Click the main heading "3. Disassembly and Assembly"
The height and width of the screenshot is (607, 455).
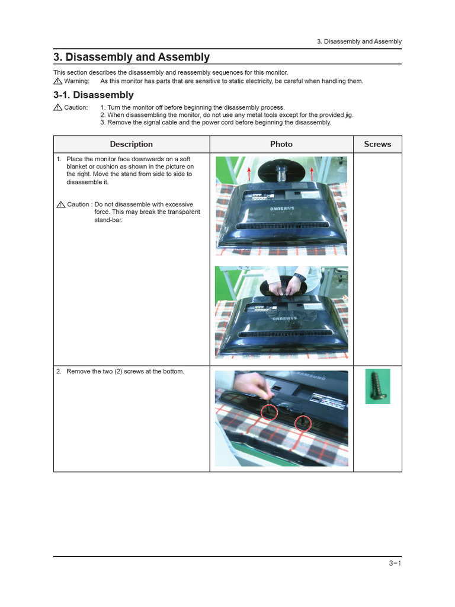(x=131, y=57)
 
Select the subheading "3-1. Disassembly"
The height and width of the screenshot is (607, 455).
(x=93, y=95)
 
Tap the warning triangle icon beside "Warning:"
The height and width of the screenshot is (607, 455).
(x=57, y=81)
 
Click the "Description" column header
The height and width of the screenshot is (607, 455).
(x=132, y=144)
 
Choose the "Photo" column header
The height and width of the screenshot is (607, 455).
(x=281, y=144)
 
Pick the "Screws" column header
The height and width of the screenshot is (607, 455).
(x=377, y=144)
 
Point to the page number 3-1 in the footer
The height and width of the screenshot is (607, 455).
(x=395, y=564)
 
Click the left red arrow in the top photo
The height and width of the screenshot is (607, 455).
(x=249, y=172)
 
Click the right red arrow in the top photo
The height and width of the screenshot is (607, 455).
(x=312, y=172)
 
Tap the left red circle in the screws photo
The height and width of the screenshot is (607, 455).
(x=270, y=412)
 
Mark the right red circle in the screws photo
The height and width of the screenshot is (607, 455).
(x=303, y=423)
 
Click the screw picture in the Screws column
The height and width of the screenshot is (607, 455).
(x=377, y=386)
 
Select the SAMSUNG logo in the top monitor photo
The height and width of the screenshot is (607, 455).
(x=283, y=209)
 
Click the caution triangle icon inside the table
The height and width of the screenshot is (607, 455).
(x=60, y=205)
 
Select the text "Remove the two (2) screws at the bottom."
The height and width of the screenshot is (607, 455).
(x=125, y=372)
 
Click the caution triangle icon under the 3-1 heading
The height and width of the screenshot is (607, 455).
(x=57, y=107)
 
